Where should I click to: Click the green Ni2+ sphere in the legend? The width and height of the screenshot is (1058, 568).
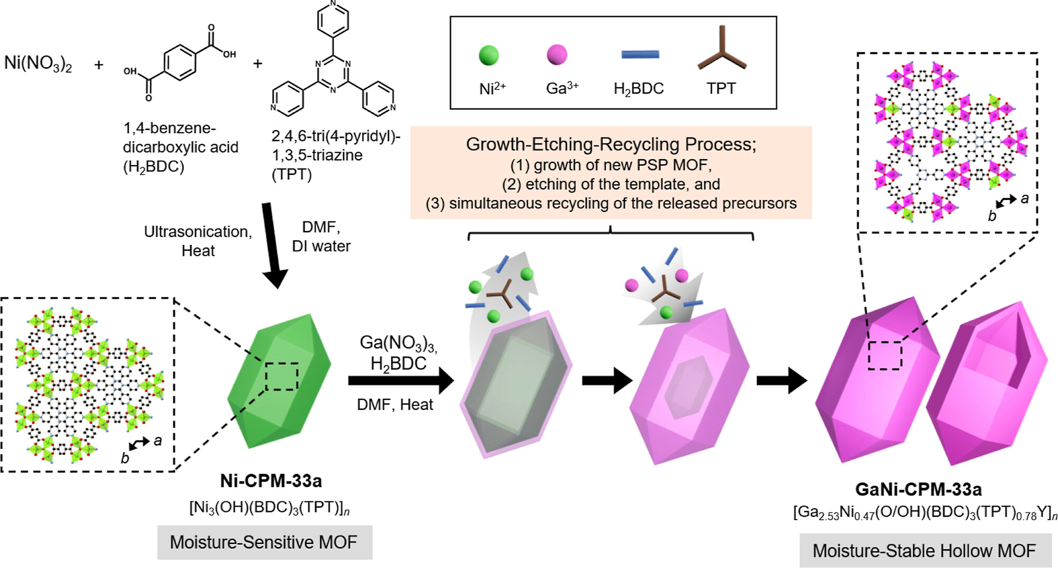point(489,55)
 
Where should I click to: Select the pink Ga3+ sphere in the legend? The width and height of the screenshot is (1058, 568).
point(557,54)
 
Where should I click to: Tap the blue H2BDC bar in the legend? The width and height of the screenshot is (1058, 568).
point(640,54)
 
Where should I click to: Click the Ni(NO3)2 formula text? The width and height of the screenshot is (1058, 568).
point(38,63)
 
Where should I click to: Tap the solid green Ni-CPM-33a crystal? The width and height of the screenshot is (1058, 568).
point(279,381)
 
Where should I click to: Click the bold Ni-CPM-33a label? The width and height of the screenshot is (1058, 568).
point(271,481)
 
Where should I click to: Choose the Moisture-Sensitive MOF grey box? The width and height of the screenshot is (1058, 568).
point(264,542)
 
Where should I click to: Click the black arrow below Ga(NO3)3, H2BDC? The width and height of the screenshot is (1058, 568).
point(400,381)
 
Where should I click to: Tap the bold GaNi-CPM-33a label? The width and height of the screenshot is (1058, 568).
point(918,489)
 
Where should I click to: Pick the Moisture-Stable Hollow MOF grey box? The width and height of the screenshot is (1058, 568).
point(925,551)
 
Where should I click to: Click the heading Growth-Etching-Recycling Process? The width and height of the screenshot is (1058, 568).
point(611,144)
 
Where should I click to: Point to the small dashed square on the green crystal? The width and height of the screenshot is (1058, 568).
point(281,377)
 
